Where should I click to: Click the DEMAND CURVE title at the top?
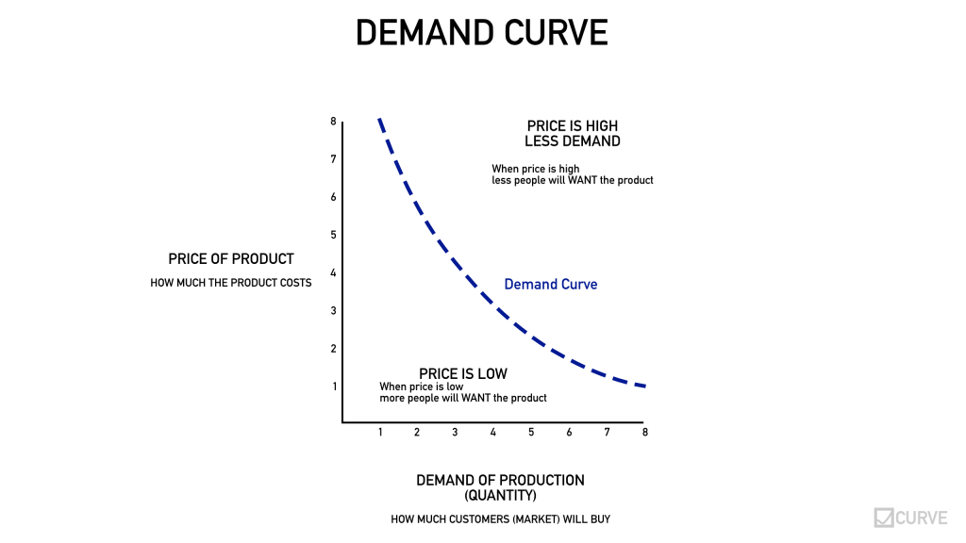(481, 33)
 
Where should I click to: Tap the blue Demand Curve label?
(550, 284)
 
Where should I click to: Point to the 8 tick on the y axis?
(333, 121)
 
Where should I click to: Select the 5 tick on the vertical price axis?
(333, 235)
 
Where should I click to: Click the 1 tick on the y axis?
(333, 386)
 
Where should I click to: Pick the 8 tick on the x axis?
(645, 432)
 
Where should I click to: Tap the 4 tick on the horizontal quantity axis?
(492, 432)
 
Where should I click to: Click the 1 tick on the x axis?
(379, 432)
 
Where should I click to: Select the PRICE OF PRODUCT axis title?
(231, 259)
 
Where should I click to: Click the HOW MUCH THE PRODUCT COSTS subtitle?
(231, 283)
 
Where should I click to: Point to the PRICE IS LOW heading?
(463, 374)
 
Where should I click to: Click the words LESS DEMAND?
(573, 141)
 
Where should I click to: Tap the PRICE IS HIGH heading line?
(573, 125)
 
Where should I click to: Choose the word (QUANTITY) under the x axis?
(500, 496)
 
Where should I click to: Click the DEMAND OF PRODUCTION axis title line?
(500, 481)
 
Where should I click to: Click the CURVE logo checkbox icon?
(884, 518)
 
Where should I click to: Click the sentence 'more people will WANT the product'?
(462, 398)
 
